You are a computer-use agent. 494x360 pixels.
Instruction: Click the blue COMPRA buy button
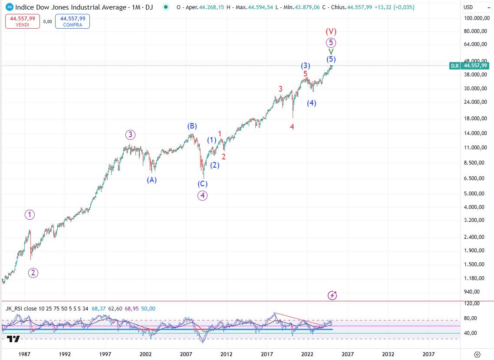(72, 21)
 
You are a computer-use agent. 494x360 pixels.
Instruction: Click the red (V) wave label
(331, 31)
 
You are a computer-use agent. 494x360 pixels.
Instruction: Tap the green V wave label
(331, 51)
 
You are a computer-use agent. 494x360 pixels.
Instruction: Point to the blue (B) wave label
(192, 126)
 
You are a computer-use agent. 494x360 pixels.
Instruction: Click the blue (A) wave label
(151, 180)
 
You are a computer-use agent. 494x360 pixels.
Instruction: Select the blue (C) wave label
(203, 184)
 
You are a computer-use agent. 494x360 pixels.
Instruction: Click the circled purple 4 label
(203, 195)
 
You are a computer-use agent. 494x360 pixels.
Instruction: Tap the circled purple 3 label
(130, 134)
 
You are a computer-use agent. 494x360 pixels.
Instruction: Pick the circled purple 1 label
(30, 214)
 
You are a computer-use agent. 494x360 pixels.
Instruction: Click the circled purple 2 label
(33, 273)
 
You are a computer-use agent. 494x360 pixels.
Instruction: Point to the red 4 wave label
(292, 127)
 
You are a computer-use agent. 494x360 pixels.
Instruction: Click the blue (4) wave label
(311, 103)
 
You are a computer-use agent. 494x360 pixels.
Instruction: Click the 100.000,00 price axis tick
(474, 18)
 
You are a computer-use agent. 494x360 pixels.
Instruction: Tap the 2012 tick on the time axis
(226, 353)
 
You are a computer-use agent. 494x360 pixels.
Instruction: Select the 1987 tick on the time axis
(25, 353)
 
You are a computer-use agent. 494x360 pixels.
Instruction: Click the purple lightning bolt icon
(332, 295)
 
